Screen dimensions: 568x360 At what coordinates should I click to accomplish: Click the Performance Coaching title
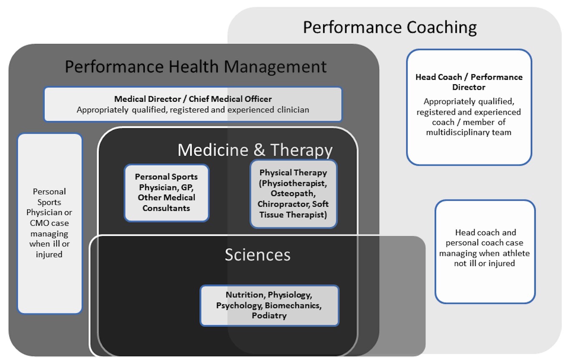click(390, 27)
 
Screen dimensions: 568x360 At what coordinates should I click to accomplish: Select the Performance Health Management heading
click(196, 67)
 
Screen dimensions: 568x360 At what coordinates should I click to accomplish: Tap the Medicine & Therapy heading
click(255, 150)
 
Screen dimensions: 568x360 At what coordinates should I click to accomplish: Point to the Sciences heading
click(257, 254)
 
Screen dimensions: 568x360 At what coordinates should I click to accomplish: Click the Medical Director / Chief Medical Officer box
click(193, 104)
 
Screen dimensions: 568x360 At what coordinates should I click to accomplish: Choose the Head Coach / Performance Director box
click(469, 107)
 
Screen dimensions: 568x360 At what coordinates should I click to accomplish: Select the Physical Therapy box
click(293, 194)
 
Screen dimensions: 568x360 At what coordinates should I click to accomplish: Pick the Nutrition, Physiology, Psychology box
click(269, 305)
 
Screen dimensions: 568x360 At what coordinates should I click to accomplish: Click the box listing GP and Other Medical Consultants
click(166, 193)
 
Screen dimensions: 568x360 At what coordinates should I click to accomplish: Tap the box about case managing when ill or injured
click(50, 223)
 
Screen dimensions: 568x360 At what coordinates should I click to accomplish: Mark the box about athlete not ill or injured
click(485, 252)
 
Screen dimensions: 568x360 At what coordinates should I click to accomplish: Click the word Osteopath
click(293, 194)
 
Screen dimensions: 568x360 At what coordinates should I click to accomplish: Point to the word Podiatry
click(269, 316)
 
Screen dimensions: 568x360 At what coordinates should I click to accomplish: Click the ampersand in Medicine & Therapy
click(259, 150)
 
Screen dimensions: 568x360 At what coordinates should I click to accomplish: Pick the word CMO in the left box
click(38, 223)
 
